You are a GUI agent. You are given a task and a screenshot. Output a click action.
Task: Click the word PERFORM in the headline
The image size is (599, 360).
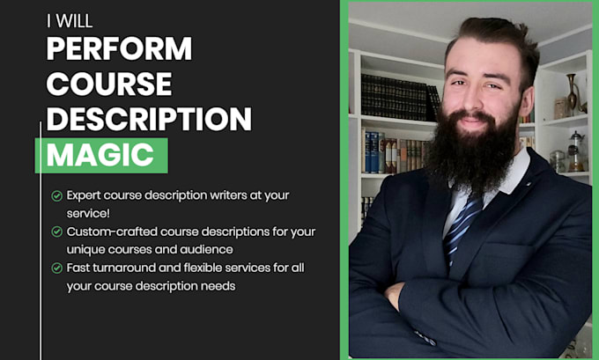click(x=119, y=48)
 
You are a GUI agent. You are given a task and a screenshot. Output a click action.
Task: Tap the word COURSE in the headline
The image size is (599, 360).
click(x=108, y=83)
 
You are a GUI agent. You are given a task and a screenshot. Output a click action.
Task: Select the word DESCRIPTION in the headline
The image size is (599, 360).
click(x=149, y=118)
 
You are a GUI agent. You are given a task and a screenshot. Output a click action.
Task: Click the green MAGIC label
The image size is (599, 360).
click(x=100, y=154)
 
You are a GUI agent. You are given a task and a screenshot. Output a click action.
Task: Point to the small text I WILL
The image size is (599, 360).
click(x=69, y=20)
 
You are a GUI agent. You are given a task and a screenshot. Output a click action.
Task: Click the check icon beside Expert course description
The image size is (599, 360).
click(x=56, y=195)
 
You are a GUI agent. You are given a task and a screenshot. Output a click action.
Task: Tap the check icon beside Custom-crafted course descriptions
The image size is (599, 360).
click(x=56, y=231)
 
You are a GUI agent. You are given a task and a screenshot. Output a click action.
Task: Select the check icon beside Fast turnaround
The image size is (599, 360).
click(x=56, y=268)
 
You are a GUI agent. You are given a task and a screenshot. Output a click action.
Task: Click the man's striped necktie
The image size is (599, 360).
click(x=462, y=225)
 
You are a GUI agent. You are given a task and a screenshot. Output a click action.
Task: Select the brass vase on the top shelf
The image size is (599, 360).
click(x=572, y=92)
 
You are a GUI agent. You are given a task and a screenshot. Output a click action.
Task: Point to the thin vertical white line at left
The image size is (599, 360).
click(x=41, y=238)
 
